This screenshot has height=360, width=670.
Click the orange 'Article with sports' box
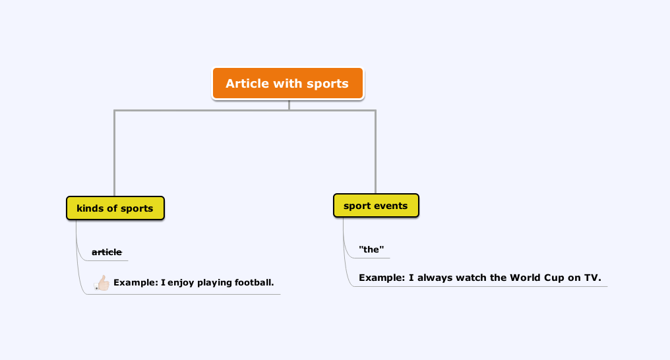pos(288,83)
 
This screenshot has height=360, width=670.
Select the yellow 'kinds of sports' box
pos(115,208)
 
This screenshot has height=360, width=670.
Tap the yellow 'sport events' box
pos(376,206)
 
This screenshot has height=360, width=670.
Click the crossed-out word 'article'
pos(107,252)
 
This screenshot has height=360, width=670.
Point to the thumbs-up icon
pos(102,283)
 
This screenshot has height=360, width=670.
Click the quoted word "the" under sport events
pos(371,249)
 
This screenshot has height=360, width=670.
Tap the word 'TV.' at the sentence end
pos(593,278)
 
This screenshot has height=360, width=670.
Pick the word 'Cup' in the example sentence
pos(554,278)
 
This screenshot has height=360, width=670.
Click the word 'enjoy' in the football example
pos(181,283)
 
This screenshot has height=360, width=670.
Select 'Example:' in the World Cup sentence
pos(382,278)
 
